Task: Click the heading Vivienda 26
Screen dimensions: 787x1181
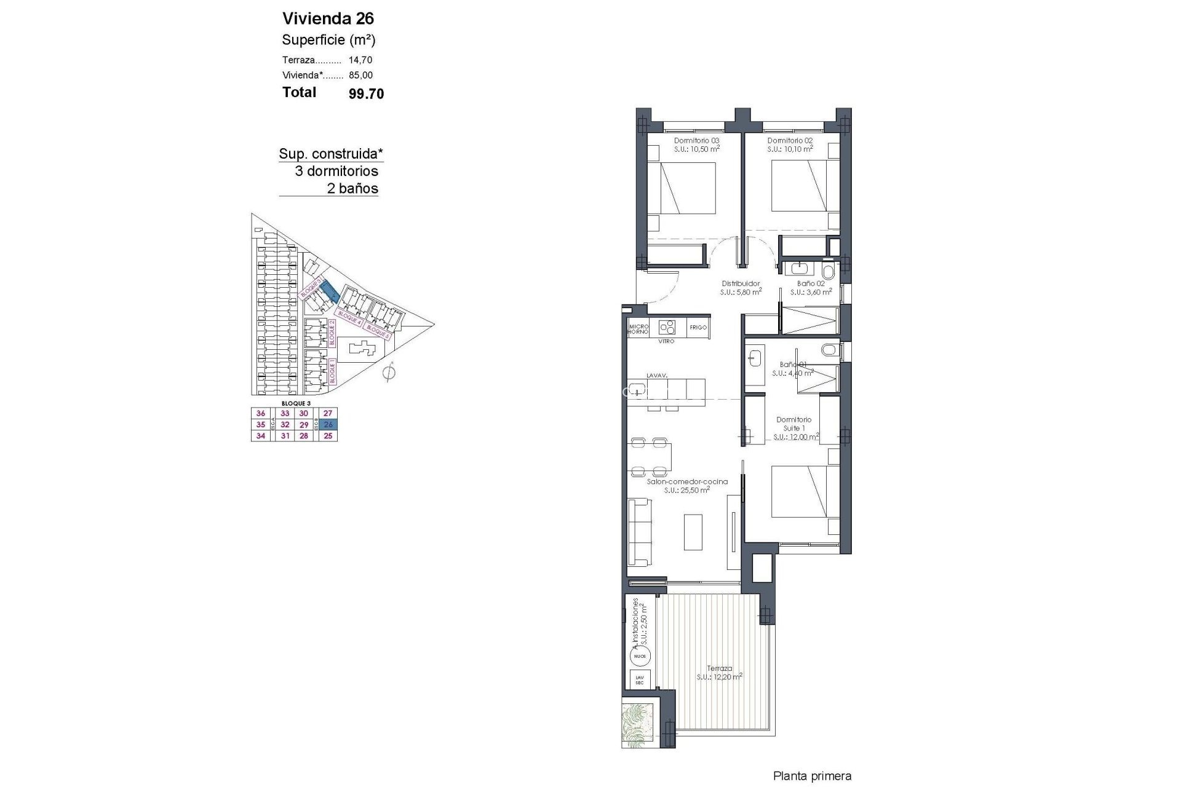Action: click(328, 18)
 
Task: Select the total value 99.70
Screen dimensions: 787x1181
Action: click(366, 93)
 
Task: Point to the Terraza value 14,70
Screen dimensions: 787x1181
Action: click(360, 60)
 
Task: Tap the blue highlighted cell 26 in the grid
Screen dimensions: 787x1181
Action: click(328, 425)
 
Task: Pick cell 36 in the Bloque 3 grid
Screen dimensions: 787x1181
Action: click(261, 414)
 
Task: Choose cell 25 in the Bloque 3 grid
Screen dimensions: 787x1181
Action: click(328, 436)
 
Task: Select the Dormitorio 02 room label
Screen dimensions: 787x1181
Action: click(790, 141)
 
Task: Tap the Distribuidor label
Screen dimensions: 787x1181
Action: click(741, 283)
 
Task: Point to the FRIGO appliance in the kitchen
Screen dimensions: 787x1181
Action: click(698, 328)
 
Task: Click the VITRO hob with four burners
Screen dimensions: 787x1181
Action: click(667, 326)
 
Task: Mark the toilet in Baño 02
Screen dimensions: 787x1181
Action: click(828, 271)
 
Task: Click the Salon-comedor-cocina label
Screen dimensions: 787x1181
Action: click(687, 482)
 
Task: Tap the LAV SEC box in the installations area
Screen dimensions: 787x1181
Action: click(640, 680)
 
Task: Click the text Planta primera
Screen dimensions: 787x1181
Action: click(812, 777)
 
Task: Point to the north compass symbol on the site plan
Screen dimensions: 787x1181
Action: click(388, 373)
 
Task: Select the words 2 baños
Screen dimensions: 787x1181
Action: click(352, 189)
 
